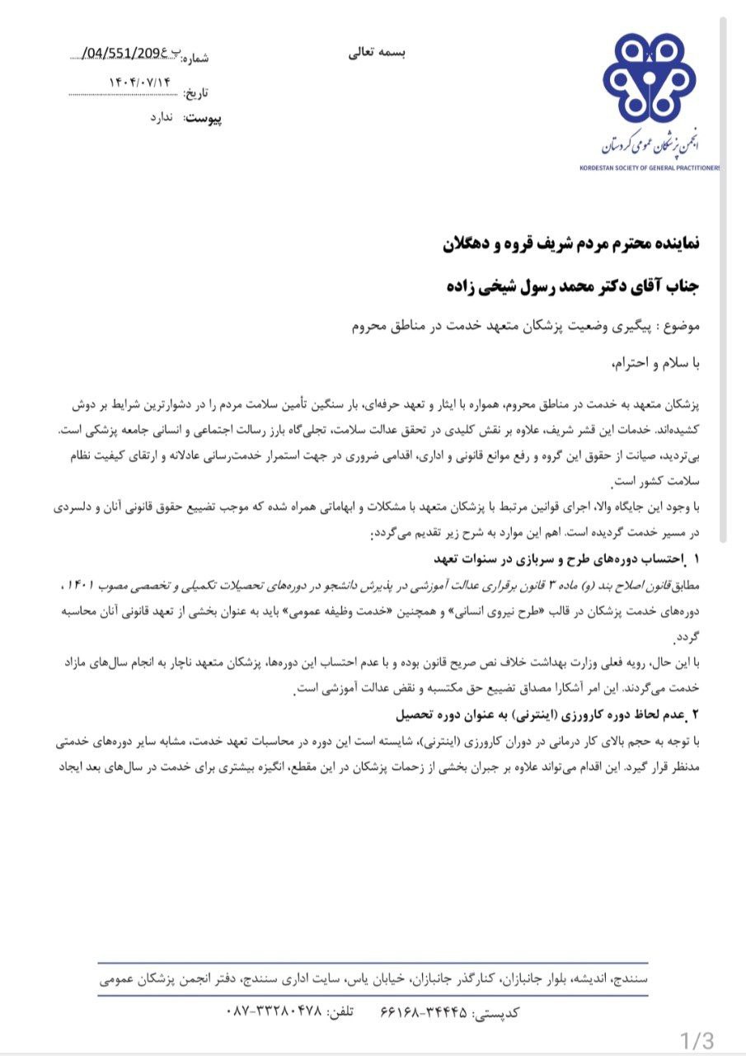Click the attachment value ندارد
160,118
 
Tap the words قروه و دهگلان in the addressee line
487,244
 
